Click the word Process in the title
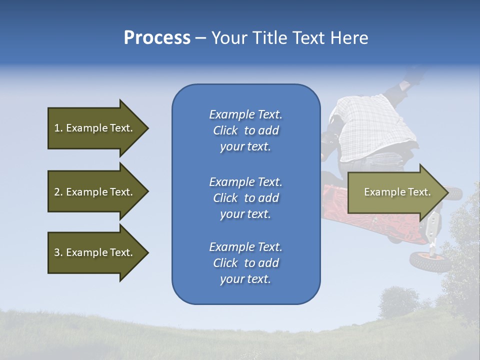(157, 38)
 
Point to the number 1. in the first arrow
(58, 128)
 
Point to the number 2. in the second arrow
(58, 192)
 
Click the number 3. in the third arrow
(58, 252)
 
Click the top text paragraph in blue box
(245, 130)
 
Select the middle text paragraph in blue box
(245, 198)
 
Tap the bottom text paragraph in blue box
(245, 263)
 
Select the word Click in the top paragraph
(225, 130)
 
